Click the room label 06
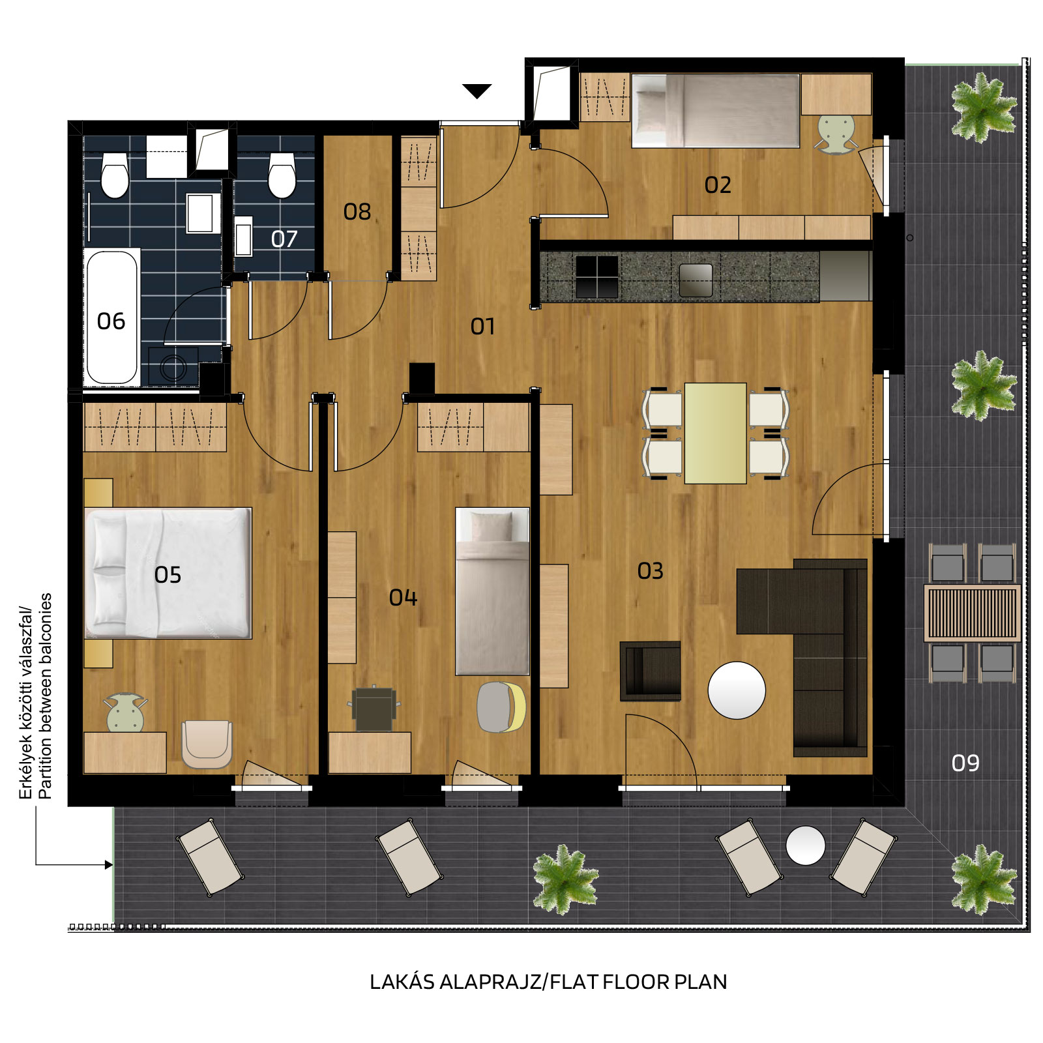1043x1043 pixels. click(111, 321)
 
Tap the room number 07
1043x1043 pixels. click(284, 239)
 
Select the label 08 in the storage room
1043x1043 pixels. click(357, 212)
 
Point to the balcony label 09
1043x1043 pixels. click(965, 763)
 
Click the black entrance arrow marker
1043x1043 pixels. click(477, 91)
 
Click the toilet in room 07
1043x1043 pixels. click(282, 175)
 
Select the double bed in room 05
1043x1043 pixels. click(168, 573)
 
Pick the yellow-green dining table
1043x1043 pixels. click(715, 433)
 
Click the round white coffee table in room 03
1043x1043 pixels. click(737, 690)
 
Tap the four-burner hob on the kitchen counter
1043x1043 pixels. click(597, 276)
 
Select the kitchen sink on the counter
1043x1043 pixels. click(696, 280)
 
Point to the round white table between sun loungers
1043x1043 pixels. click(806, 845)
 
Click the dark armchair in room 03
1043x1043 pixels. click(650, 671)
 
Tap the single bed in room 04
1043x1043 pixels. click(492, 591)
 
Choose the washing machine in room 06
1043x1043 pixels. click(173, 366)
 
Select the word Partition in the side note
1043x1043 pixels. click(45, 765)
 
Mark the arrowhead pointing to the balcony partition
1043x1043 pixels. click(109, 865)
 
